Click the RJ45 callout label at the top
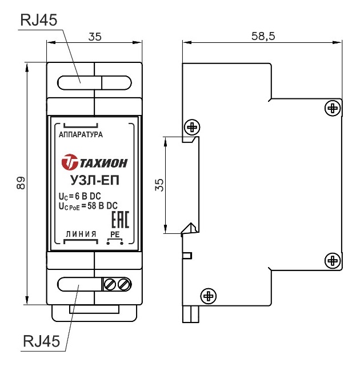pyautogui.click(x=39, y=20)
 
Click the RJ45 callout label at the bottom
pyautogui.click(x=42, y=341)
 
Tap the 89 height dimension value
pyautogui.click(x=21, y=182)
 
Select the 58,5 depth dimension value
pyautogui.click(x=263, y=36)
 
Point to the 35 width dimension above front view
pyautogui.click(x=95, y=37)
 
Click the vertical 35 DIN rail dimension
pyautogui.click(x=159, y=185)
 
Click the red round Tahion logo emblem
pyautogui.click(x=70, y=162)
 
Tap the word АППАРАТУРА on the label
pyautogui.click(x=81, y=134)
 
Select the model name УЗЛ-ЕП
pyautogui.click(x=95, y=181)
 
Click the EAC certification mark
pyautogui.click(x=120, y=220)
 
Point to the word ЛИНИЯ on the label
pyautogui.click(x=81, y=234)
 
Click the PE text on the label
pyautogui.click(x=115, y=234)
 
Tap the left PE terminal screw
pyautogui.click(x=110, y=284)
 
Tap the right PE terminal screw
pyautogui.click(x=124, y=284)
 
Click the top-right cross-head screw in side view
pyautogui.click(x=333, y=108)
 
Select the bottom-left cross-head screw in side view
pyautogui.click(x=208, y=296)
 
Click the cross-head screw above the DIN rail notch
pyautogui.click(x=192, y=128)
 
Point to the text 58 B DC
pyautogui.click(x=102, y=206)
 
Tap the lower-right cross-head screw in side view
pyautogui.click(x=333, y=261)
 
